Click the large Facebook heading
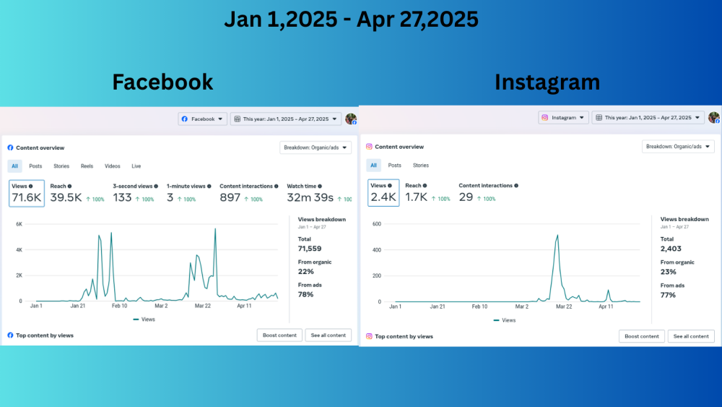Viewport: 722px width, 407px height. (162, 82)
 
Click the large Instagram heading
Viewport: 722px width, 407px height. (547, 82)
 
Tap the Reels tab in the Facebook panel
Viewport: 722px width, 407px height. (87, 166)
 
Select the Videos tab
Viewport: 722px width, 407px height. (112, 166)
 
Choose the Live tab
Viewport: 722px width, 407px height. (136, 166)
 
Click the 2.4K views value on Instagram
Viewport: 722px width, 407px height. (383, 197)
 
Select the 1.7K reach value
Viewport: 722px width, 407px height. (416, 197)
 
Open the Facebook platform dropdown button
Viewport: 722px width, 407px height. (203, 119)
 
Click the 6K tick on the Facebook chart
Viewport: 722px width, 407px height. (19, 224)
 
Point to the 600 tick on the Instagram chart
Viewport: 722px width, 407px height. (376, 223)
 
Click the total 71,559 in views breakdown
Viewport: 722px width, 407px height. (310, 249)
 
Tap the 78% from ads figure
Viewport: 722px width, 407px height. (306, 294)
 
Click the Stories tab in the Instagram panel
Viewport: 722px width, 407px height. (421, 166)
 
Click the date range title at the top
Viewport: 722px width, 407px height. (351, 20)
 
